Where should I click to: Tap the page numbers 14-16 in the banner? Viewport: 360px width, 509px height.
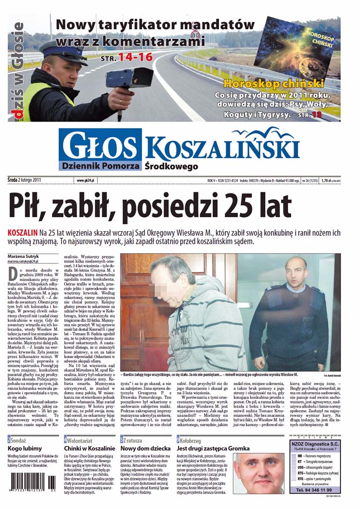135,58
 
